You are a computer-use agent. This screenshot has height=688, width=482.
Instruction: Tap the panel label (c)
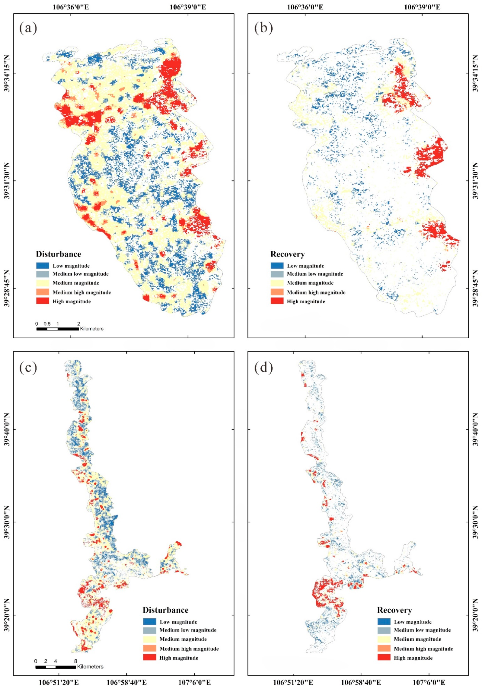coord(28,368)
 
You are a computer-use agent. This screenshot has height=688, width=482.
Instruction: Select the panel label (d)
coord(263,368)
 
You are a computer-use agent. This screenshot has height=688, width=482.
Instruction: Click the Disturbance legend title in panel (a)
coord(58,254)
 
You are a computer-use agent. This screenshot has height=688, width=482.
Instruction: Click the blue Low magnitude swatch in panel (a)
coord(43,265)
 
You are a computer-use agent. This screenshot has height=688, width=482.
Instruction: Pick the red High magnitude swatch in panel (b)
coord(277,301)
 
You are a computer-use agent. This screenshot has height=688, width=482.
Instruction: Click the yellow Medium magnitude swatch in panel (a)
coord(43,283)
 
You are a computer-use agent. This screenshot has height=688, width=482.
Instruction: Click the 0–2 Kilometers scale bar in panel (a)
coord(57,329)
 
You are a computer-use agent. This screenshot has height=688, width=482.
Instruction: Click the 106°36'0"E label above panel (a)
coord(71,7)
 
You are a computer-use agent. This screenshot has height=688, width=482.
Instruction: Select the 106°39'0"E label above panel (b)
coord(422,7)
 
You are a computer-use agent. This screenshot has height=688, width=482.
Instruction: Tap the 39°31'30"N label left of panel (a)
coord(7,180)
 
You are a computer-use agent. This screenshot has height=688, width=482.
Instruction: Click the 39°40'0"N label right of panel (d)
coord(476,429)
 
